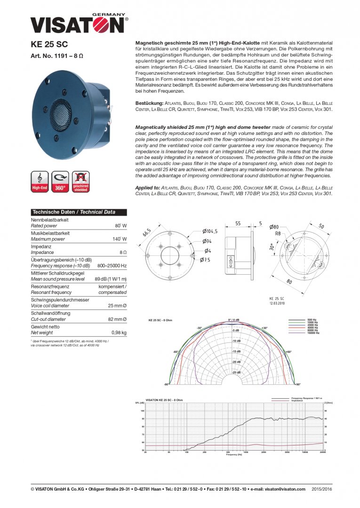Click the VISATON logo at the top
(x=79, y=24)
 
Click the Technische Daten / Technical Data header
(x=73, y=212)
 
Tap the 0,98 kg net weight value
(x=120, y=333)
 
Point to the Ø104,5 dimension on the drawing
(x=210, y=231)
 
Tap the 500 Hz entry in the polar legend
(x=312, y=319)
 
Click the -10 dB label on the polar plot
(x=236, y=341)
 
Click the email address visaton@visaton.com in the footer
(x=285, y=489)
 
